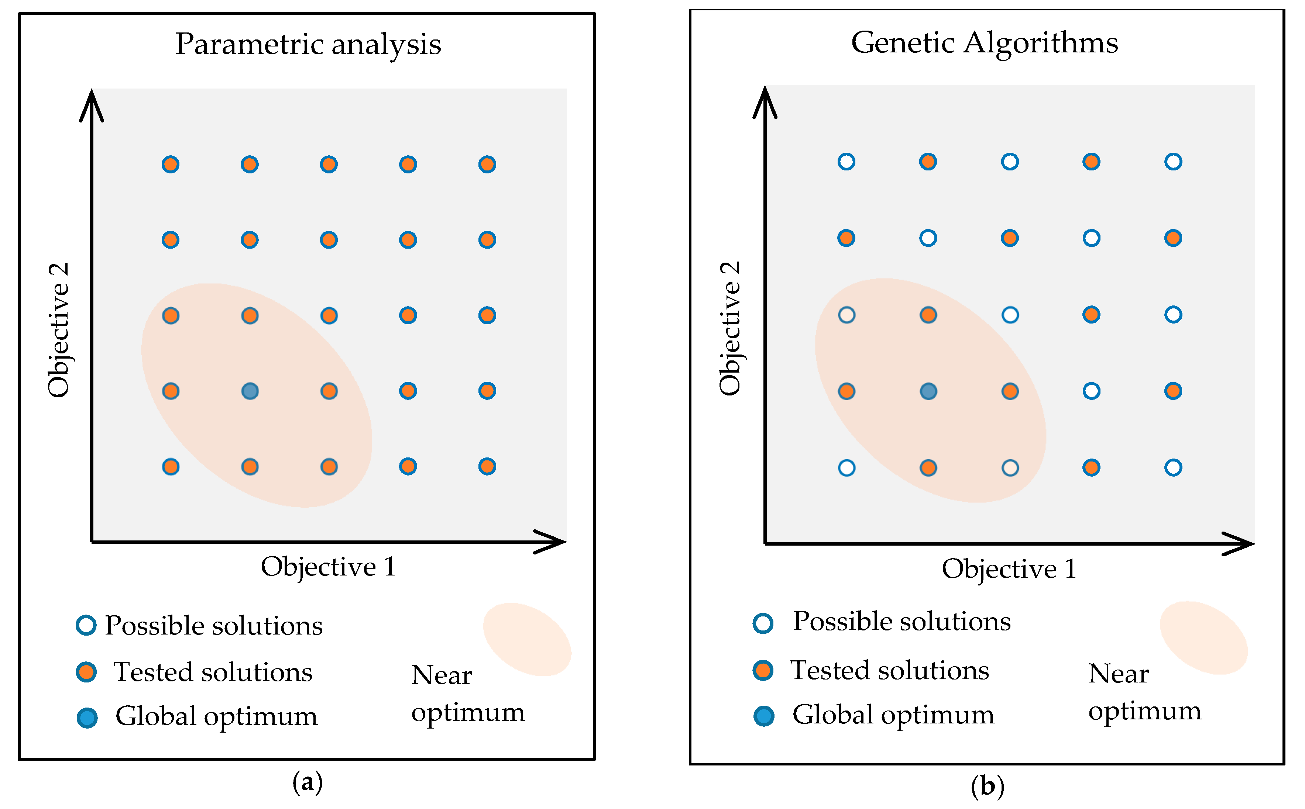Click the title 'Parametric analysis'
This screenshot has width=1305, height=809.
click(x=308, y=44)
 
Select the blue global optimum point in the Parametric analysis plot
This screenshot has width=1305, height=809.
click(x=250, y=391)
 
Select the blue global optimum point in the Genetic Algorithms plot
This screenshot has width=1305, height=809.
click(x=928, y=391)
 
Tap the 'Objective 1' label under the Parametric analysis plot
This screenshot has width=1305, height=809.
click(x=328, y=567)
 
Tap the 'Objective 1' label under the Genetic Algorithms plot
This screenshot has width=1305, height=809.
click(x=1009, y=569)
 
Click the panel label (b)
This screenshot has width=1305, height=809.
click(x=987, y=786)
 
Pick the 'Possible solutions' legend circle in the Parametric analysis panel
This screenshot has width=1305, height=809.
click(x=86, y=625)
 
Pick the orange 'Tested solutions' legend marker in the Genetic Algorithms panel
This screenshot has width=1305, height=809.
click(x=763, y=670)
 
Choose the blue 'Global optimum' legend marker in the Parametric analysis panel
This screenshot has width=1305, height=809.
click(x=87, y=718)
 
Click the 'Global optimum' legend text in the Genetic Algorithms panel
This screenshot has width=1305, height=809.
click(x=893, y=715)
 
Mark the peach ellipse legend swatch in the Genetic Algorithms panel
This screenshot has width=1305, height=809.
click(x=1203, y=638)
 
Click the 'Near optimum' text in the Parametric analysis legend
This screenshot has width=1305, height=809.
click(x=467, y=694)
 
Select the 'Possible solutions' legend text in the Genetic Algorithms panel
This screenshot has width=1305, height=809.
click(x=902, y=622)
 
